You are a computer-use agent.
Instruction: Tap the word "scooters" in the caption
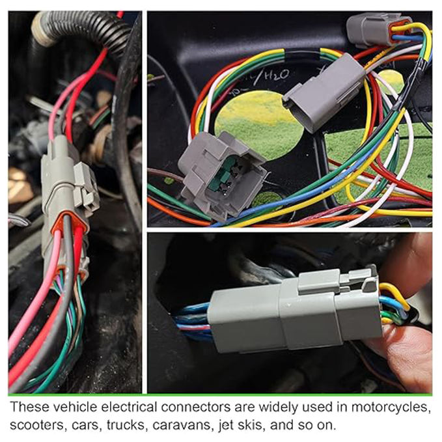coord(36,425)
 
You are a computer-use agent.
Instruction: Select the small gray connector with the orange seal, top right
coord(372,31)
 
